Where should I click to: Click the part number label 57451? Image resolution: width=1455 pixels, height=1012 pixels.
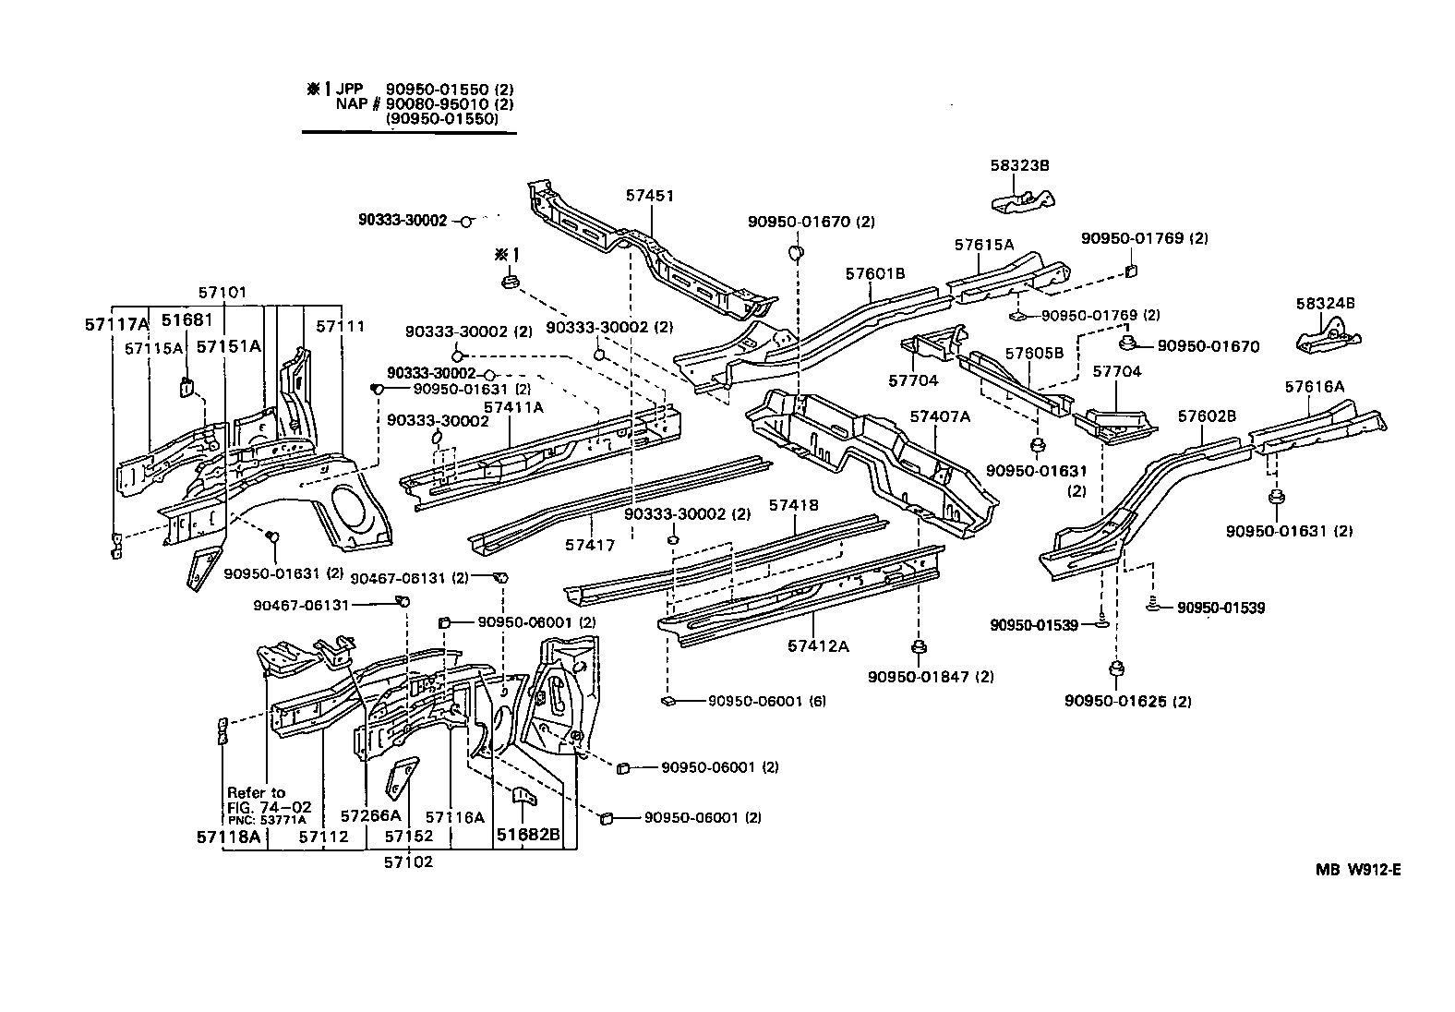click(x=649, y=196)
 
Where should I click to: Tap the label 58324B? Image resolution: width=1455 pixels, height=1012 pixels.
click(x=1324, y=303)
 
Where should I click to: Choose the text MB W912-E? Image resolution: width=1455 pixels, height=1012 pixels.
click(x=1358, y=869)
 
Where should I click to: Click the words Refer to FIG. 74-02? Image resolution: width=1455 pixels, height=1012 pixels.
click(x=257, y=800)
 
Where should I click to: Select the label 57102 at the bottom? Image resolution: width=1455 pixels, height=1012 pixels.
click(x=408, y=862)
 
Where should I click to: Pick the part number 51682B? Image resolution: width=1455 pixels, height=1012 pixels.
click(x=528, y=836)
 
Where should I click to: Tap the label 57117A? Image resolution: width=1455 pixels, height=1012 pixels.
click(x=116, y=323)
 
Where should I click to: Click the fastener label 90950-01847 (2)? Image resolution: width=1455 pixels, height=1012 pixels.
click(x=931, y=677)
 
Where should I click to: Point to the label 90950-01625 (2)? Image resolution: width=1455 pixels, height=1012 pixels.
click(x=1127, y=701)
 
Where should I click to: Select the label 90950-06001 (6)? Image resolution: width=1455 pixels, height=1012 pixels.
click(x=766, y=701)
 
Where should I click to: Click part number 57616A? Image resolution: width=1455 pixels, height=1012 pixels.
click(x=1314, y=387)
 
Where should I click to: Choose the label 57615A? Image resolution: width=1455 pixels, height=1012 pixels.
click(x=983, y=245)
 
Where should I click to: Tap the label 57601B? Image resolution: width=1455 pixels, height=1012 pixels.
click(x=874, y=273)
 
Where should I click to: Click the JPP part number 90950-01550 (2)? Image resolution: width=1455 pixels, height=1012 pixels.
click(x=449, y=89)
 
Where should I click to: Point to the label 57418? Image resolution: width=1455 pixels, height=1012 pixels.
click(x=793, y=505)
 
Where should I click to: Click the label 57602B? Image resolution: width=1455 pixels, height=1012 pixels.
click(x=1206, y=416)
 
